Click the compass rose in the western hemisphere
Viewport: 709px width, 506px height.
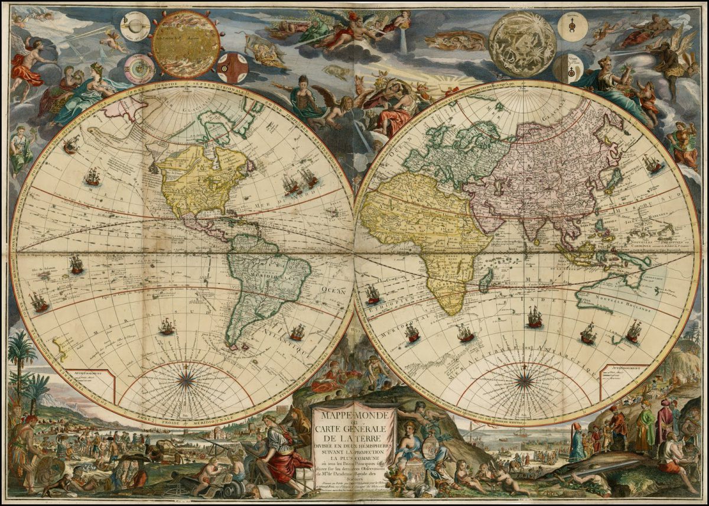(187, 381)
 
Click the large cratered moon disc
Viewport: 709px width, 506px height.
(522, 44)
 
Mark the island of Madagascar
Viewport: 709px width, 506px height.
(486, 280)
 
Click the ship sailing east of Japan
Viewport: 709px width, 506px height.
(652, 164)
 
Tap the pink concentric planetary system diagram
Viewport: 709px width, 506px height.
(139, 69)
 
